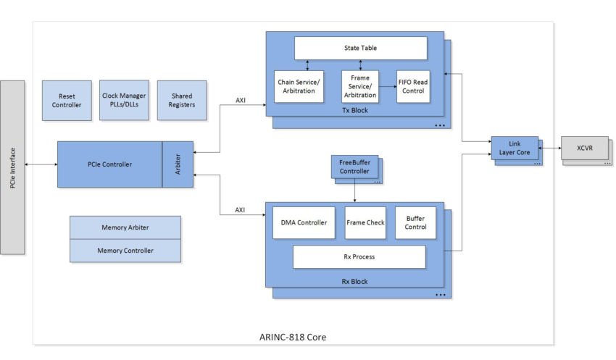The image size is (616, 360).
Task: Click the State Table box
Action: pos(360,49)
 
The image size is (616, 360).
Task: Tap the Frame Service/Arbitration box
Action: pos(360,86)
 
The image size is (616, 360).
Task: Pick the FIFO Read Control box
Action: pos(413,86)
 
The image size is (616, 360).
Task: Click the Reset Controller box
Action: pos(67,101)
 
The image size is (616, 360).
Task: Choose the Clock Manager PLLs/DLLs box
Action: pos(124,100)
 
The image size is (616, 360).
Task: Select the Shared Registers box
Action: pos(182,101)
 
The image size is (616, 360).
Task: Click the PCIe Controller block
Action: pos(109,164)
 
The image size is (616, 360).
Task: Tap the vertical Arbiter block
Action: pos(178,164)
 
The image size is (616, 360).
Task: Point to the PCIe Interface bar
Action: pos(12,167)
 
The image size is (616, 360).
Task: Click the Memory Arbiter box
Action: pos(125,227)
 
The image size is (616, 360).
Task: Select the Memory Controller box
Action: pos(125,251)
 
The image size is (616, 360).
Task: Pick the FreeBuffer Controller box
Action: pos(354,167)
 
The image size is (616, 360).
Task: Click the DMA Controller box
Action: pos(304,223)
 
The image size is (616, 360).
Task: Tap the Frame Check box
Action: pos(365,223)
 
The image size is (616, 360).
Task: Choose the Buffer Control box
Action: pos(415,223)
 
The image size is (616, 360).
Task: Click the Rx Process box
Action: pos(359,256)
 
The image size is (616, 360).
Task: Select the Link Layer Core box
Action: pos(515,148)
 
